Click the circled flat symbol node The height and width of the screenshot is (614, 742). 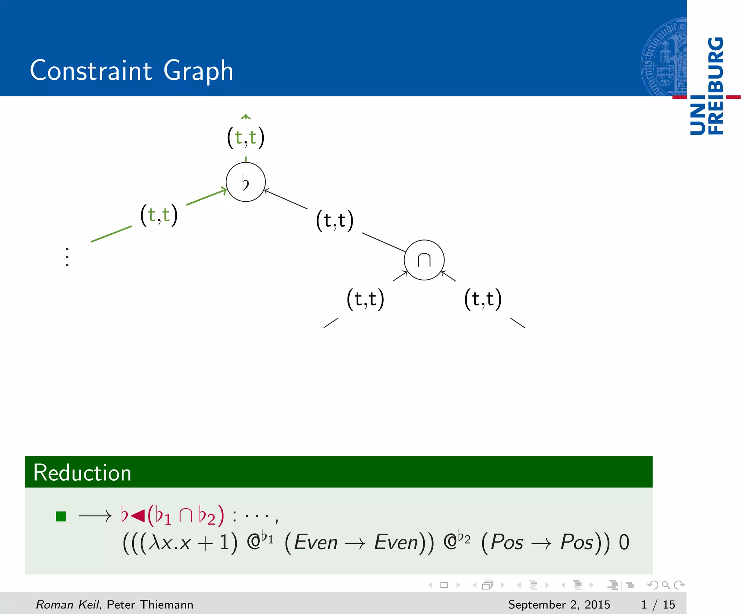(246, 182)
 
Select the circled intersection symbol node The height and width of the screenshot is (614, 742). (424, 260)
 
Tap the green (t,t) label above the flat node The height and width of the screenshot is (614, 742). (246, 137)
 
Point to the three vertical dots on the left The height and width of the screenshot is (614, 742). (67, 257)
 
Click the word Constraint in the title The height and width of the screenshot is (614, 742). (91, 70)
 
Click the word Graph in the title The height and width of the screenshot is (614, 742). (198, 71)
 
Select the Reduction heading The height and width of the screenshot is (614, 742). (82, 473)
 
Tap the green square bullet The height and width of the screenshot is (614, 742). (61, 516)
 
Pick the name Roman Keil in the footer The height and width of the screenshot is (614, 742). (67, 605)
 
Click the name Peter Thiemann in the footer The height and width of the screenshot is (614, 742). (150, 605)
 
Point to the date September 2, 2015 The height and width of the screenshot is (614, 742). (559, 605)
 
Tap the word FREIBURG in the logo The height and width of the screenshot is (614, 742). (716, 85)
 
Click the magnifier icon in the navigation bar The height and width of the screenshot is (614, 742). (666, 585)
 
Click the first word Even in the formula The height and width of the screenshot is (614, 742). (316, 543)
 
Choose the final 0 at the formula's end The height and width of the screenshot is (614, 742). (624, 543)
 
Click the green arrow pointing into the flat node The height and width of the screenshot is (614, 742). (207, 197)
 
